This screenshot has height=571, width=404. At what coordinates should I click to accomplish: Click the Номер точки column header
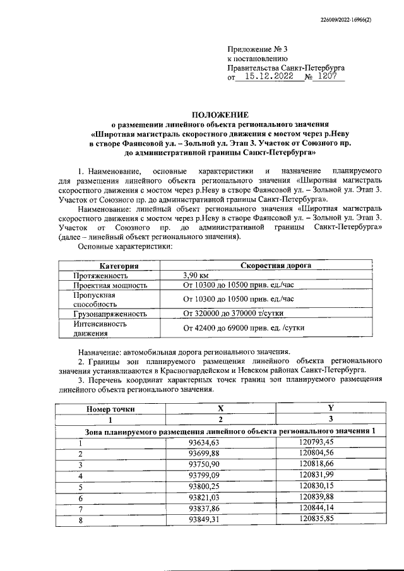click(x=110, y=409)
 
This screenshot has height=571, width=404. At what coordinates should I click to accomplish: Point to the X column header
click(x=220, y=409)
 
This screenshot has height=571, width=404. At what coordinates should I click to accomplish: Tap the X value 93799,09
click(x=203, y=476)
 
